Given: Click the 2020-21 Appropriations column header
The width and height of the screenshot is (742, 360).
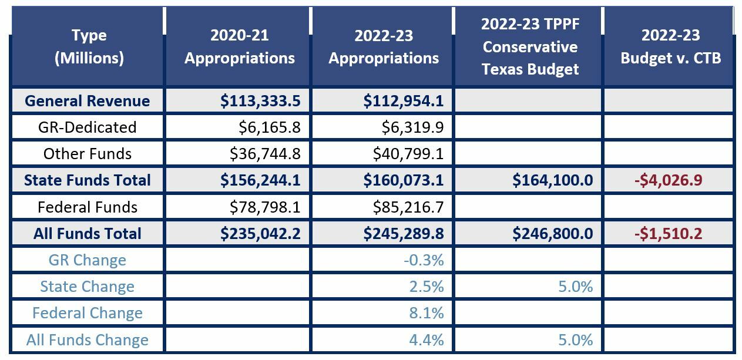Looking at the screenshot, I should coord(239,46).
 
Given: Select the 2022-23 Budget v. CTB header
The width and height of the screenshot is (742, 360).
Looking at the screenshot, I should coord(670,46).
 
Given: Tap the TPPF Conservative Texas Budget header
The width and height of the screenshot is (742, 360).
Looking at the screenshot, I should coord(529,46).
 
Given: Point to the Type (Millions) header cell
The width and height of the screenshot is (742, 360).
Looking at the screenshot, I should coord(89,46).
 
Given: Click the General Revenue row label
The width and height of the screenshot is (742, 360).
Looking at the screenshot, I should coord(87,100).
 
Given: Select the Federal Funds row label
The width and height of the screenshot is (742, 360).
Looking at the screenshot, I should coord(88,207).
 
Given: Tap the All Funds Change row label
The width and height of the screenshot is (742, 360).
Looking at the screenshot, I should coord(88,339).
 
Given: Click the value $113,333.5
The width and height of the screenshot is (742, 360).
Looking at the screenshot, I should coord(260,101).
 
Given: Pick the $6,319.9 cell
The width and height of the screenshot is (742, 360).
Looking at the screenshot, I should coord(408,127).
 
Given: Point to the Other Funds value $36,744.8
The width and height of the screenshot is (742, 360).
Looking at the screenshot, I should coord(265,154).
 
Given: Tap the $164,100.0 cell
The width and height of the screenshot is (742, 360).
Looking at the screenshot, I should coord(552,180).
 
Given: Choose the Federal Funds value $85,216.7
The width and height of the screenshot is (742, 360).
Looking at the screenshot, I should coord(408,207).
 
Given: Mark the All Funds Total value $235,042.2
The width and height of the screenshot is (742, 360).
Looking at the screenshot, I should coord(260,234).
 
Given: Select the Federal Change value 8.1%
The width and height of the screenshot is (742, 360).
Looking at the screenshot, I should coord(426,313).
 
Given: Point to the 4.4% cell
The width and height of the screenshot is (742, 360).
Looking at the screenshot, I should coord(426,339).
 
